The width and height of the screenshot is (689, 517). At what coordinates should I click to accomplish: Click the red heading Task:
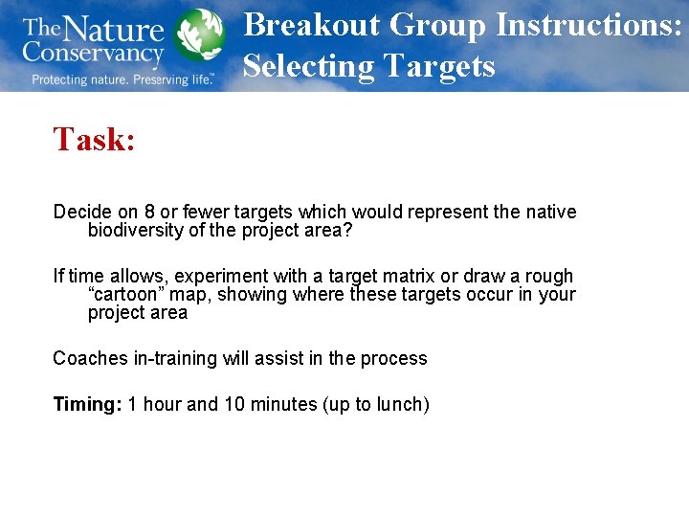tap(94, 140)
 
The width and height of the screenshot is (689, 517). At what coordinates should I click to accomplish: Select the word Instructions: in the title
tap(588, 25)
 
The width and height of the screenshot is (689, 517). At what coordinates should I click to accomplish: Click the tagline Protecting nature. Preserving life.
tap(122, 79)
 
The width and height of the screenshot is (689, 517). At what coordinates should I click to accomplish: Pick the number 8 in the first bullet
tap(150, 212)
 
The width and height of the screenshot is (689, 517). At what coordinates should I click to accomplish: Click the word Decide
tap(80, 212)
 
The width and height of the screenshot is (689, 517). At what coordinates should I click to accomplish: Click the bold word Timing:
tap(87, 404)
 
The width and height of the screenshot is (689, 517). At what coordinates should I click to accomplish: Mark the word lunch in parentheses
tap(399, 404)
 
